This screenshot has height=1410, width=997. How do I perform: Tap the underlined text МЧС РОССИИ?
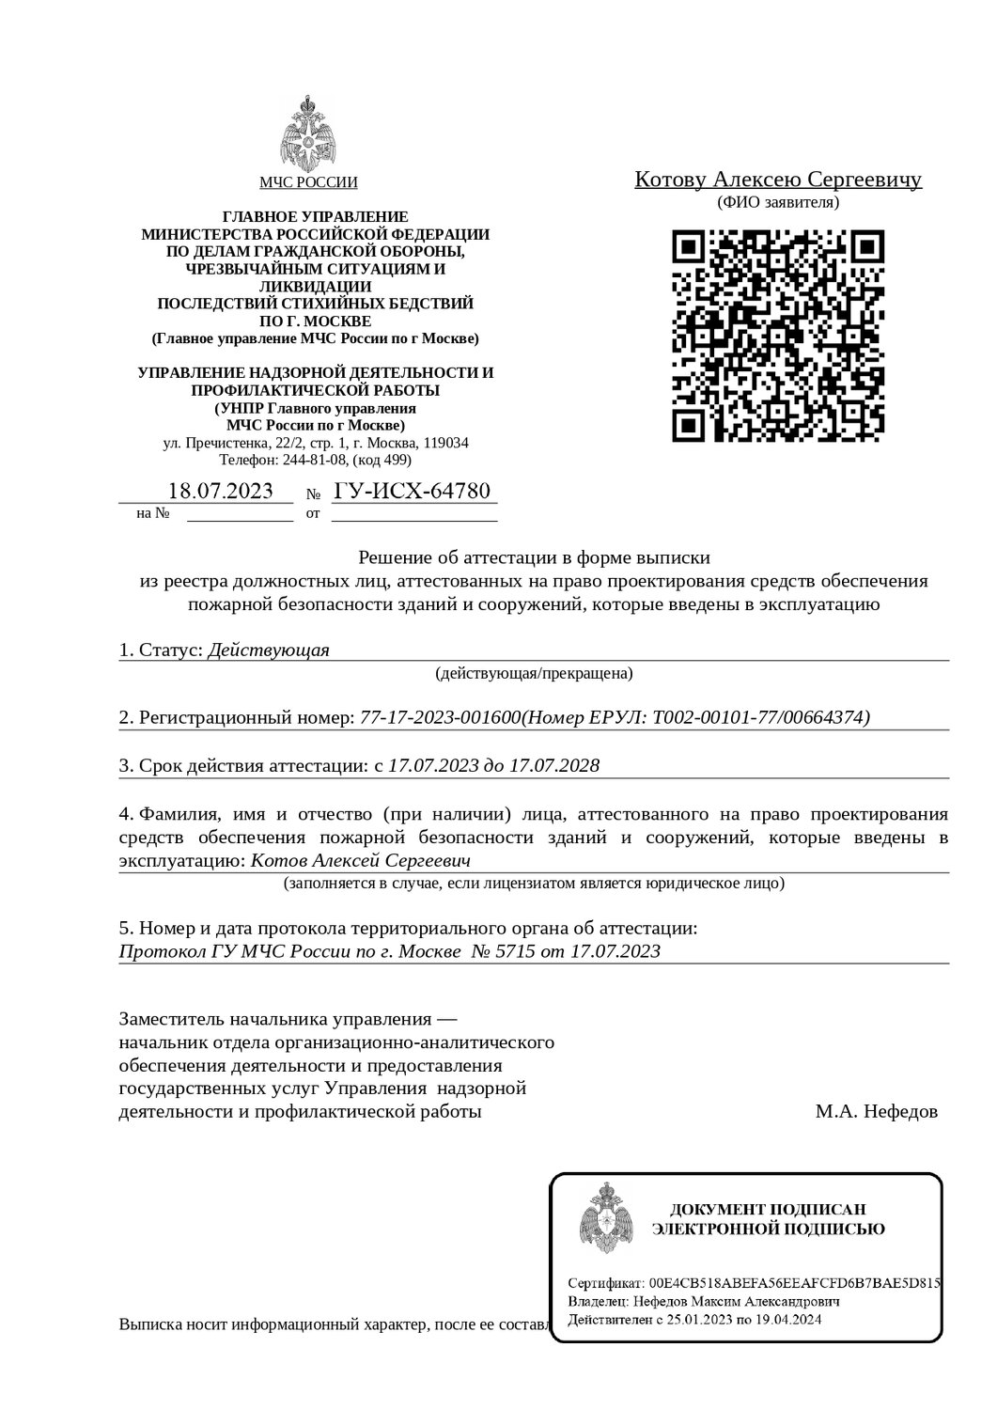click(x=308, y=183)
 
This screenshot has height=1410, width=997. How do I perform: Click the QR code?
click(x=779, y=336)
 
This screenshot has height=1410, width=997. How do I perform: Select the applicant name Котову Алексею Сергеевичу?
click(x=778, y=180)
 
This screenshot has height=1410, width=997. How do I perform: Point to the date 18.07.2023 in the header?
click(x=220, y=491)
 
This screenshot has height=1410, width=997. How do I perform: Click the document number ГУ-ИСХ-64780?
click(x=412, y=491)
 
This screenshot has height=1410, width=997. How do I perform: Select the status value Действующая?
click(x=268, y=650)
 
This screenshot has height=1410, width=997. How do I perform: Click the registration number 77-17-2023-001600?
click(x=440, y=717)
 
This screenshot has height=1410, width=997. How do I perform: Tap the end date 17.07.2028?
click(x=553, y=765)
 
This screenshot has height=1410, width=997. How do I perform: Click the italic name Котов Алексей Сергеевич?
click(x=361, y=860)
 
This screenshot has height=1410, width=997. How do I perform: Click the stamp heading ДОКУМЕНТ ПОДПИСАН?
click(x=767, y=1209)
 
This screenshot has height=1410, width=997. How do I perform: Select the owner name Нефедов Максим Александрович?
click(x=731, y=1302)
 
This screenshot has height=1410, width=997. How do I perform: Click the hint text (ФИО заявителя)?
click(x=778, y=202)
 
